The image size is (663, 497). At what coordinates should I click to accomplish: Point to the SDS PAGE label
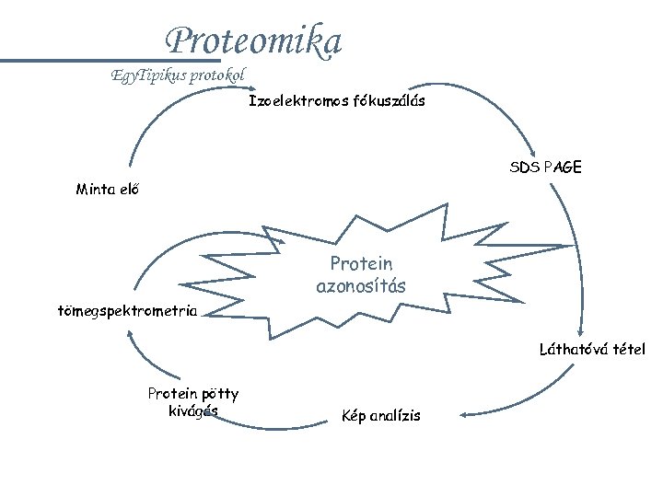(x=545, y=168)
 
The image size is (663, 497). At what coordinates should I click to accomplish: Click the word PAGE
(x=563, y=168)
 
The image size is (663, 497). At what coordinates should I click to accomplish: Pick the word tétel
(x=630, y=349)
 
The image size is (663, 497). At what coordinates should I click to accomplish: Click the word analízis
(x=394, y=416)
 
